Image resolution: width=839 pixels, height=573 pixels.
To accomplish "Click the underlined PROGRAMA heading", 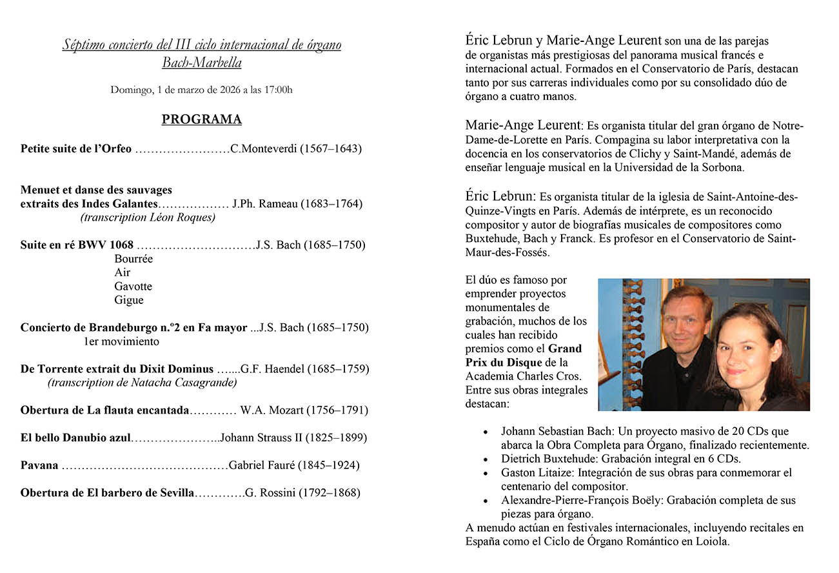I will [x=201, y=119].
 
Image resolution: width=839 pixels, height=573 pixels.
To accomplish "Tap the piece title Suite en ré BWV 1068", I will [x=77, y=245].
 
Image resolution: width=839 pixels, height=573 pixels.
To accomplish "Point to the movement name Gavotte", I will [x=133, y=286].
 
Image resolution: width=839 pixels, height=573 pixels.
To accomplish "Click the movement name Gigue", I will [x=129, y=300].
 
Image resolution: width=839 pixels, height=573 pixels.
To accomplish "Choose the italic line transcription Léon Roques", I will [x=148, y=217].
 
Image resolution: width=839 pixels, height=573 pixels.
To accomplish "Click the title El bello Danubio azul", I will [x=75, y=438].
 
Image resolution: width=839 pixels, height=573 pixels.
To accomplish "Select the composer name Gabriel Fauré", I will [x=262, y=465].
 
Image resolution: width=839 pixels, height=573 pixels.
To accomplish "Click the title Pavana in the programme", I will [x=39, y=465].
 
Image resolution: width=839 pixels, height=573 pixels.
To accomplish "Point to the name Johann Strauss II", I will [x=261, y=438].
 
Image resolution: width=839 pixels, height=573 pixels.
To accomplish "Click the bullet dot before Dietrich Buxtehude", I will [x=485, y=459].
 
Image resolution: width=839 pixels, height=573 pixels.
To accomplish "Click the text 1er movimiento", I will [x=121, y=341].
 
